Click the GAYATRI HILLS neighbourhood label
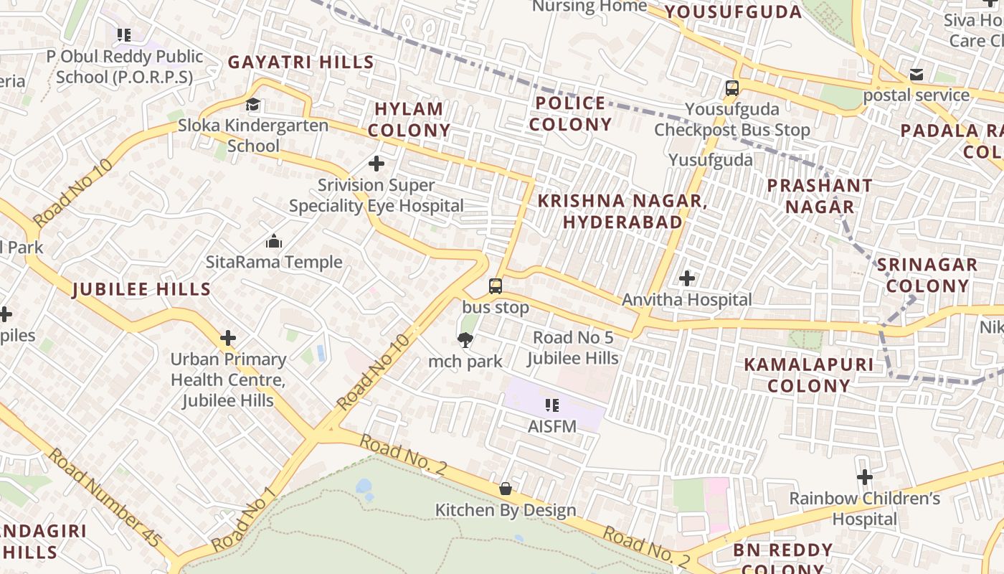click(x=301, y=62)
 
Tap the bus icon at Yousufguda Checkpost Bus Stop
click(x=731, y=88)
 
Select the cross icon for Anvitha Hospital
click(x=687, y=278)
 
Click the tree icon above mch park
click(x=465, y=340)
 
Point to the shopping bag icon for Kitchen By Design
click(x=506, y=489)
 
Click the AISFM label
click(x=552, y=426)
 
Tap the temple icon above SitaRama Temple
click(x=274, y=241)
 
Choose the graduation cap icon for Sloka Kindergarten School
click(x=253, y=105)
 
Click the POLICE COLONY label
click(x=571, y=113)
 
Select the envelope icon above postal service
click(x=917, y=75)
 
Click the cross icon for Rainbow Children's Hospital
click(x=865, y=476)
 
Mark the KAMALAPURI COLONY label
click(x=809, y=375)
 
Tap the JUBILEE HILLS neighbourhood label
click(x=142, y=290)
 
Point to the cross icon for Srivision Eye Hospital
click(x=376, y=164)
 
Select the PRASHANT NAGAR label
click(x=820, y=196)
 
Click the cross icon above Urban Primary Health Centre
click(x=228, y=337)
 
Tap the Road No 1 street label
click(x=244, y=520)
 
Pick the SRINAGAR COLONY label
click(x=927, y=275)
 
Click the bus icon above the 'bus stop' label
click(x=496, y=286)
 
